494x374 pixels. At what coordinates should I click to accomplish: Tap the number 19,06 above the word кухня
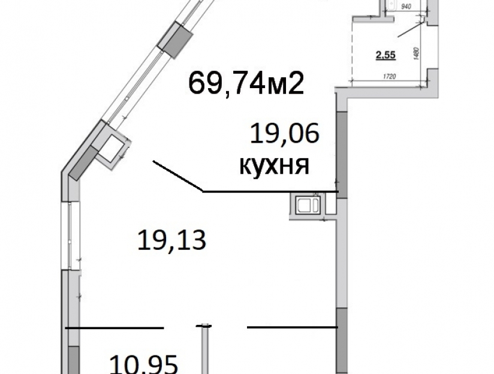pyautogui.click(x=285, y=134)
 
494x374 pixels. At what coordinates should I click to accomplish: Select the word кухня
pyautogui.click(x=275, y=165)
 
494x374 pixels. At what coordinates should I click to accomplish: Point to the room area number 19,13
pyautogui.click(x=171, y=240)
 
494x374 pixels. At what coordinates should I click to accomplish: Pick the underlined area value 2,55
pyautogui.click(x=386, y=55)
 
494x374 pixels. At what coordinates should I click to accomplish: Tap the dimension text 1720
pyautogui.click(x=390, y=77)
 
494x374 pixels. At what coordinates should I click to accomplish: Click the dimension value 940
pyautogui.click(x=406, y=7)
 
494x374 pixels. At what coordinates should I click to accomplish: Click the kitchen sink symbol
pyautogui.click(x=308, y=204)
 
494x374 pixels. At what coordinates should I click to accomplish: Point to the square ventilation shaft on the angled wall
pyautogui.click(x=112, y=147)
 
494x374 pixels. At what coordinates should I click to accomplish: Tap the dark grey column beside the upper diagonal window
pyautogui.click(x=175, y=41)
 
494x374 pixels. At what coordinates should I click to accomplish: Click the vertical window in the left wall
pyautogui.click(x=70, y=235)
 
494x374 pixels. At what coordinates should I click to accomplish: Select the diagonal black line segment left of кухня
pyautogui.click(x=178, y=176)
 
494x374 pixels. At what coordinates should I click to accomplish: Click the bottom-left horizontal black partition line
pyautogui.click(x=115, y=328)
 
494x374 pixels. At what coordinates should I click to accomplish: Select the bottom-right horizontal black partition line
pyautogui.click(x=293, y=327)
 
